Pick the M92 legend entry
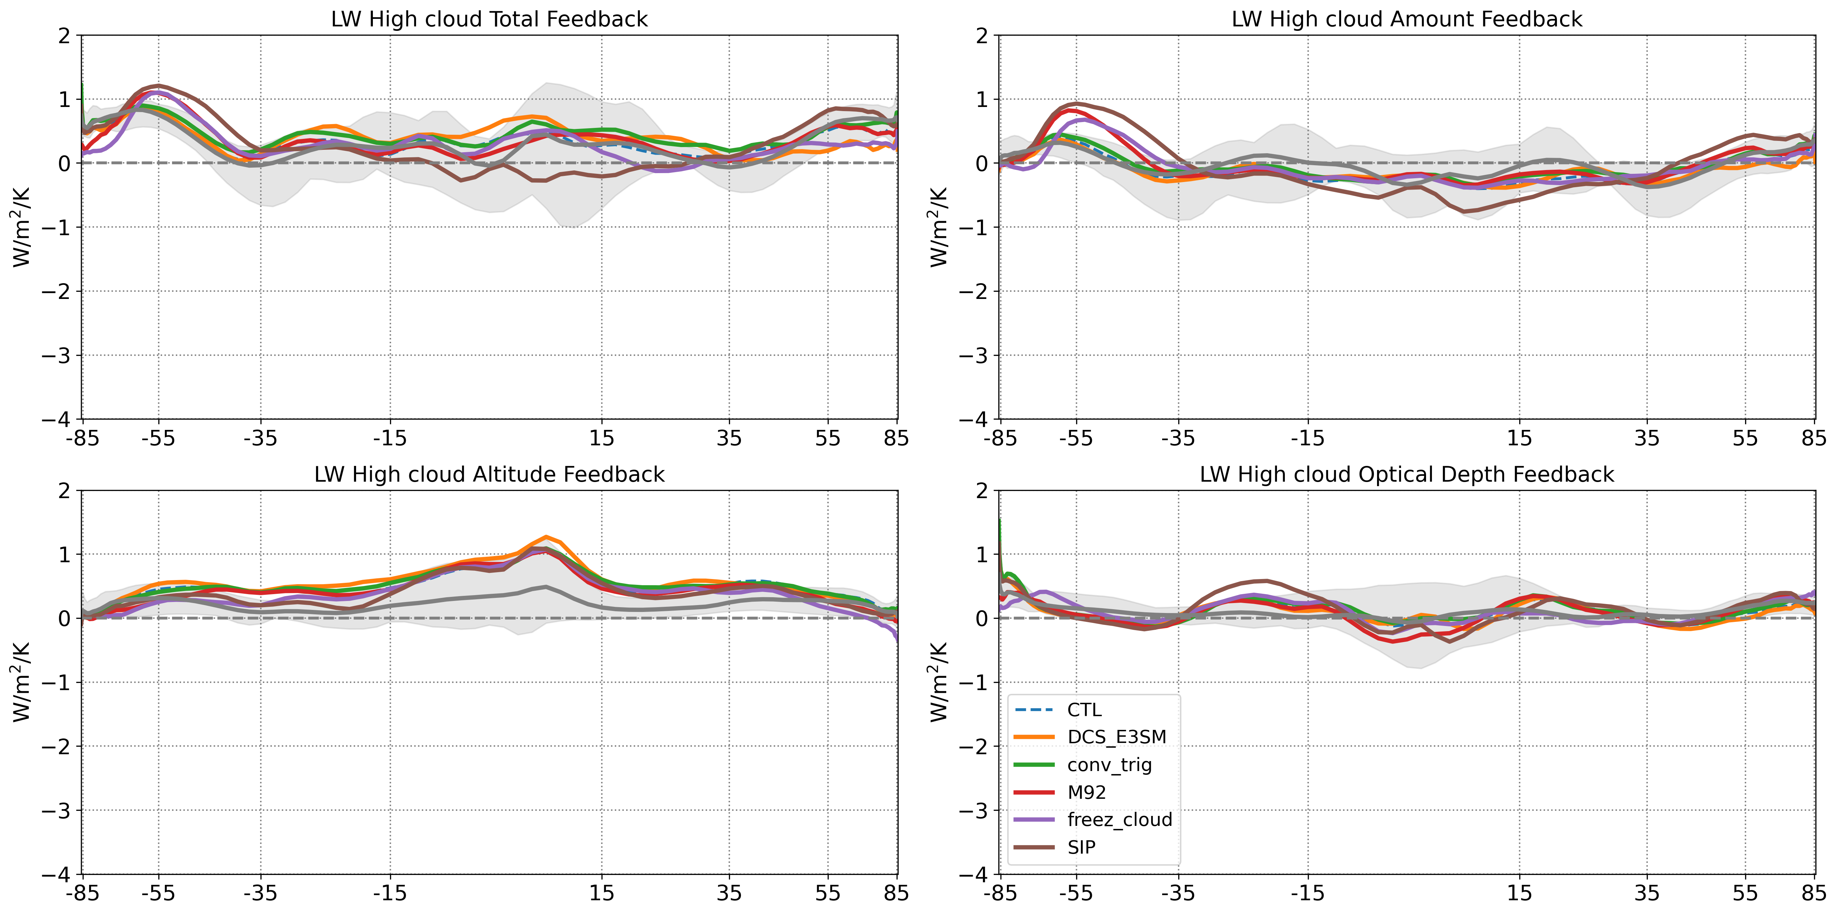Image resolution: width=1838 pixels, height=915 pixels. pyautogui.click(x=1086, y=792)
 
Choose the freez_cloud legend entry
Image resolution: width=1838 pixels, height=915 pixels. pyautogui.click(x=1119, y=819)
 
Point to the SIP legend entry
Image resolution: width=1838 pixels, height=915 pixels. pyautogui.click(x=1081, y=847)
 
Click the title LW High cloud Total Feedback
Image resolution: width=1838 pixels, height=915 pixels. pyautogui.click(x=489, y=19)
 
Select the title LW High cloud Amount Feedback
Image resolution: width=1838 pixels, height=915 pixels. pyautogui.click(x=1406, y=19)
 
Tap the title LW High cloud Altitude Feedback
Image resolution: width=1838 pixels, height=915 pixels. pyautogui.click(x=489, y=474)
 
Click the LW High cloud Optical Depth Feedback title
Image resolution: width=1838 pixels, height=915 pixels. pyautogui.click(x=1406, y=474)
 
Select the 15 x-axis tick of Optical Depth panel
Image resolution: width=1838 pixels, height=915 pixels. pyautogui.click(x=1519, y=894)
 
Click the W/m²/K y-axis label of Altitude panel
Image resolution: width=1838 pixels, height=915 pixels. pyautogui.click(x=21, y=682)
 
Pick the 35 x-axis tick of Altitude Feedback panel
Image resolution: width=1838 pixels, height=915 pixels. pyautogui.click(x=729, y=894)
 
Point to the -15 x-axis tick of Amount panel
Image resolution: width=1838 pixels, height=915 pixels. pyautogui.click(x=1307, y=438)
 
